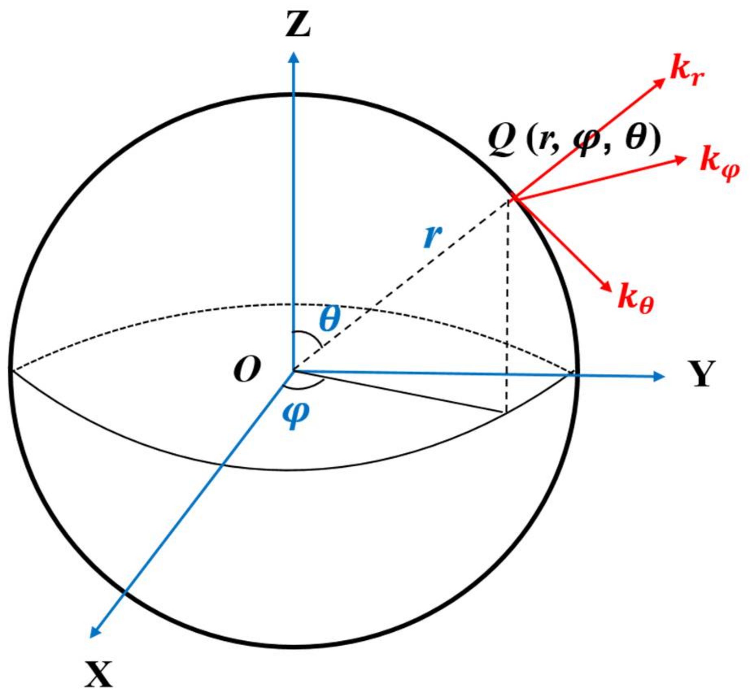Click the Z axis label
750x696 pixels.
pos(298,24)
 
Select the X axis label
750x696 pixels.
pos(99,673)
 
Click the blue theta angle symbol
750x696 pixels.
pos(329,319)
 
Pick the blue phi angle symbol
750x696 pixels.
pos(296,415)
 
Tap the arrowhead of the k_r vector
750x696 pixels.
pos(658,82)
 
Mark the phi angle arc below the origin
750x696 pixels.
pos(305,385)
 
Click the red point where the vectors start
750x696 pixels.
pos(513,198)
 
